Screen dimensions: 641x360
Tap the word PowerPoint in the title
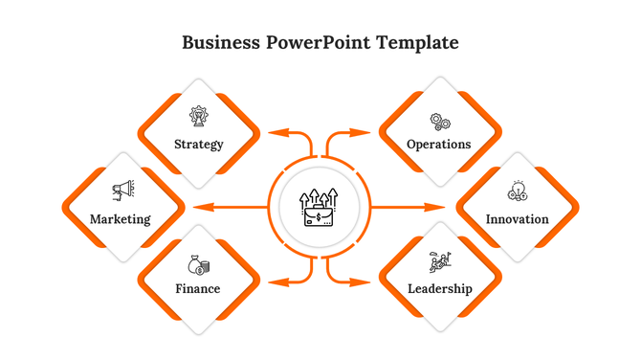pos(313,43)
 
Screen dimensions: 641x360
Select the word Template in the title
pos(417,43)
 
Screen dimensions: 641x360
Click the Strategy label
pos(199,145)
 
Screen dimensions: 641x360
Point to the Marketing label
pos(121,219)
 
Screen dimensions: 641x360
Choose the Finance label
pos(198,288)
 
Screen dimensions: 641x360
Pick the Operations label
pos(439,145)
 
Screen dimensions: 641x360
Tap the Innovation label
pos(518,219)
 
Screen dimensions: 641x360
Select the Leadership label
pos(440,288)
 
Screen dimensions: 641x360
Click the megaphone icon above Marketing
pos(122,191)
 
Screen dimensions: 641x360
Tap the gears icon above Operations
pos(440,122)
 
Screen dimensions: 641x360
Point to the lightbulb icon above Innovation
pos(518,191)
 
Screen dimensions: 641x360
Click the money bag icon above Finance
pos(199,264)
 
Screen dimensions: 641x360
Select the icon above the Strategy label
pos(199,118)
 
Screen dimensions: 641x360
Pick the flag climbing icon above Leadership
pos(440,261)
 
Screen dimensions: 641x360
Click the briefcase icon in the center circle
pos(320,208)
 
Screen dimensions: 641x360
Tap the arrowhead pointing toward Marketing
pos(199,207)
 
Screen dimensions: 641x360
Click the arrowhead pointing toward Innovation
pos(439,207)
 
